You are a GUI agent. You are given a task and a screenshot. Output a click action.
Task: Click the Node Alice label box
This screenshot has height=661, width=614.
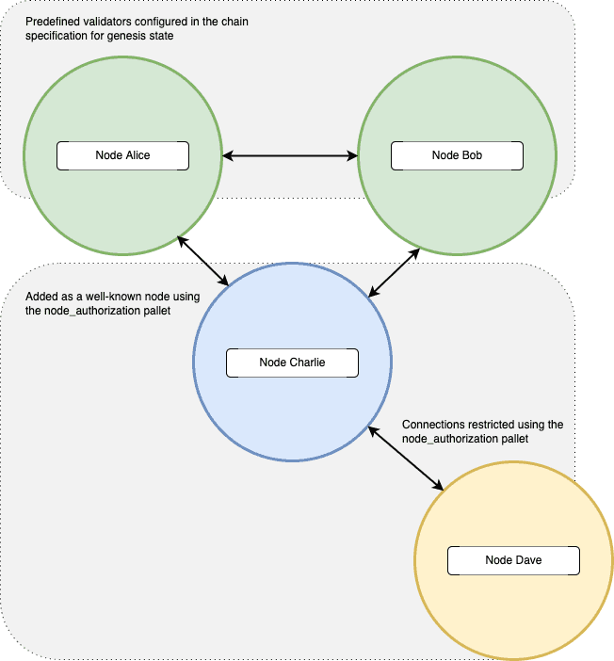(122, 155)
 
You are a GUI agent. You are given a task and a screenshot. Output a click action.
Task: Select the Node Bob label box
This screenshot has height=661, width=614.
(457, 155)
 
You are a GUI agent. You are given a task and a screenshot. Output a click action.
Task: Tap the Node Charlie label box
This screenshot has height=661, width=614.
(292, 363)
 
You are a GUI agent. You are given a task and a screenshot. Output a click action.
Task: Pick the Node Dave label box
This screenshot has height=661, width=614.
(513, 560)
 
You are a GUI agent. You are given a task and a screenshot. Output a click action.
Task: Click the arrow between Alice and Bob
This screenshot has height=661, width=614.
(290, 155)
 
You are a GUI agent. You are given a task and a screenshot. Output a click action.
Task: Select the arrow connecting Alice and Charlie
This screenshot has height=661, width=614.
(202, 261)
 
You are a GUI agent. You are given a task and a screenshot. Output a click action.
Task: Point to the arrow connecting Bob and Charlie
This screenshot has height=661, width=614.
(395, 273)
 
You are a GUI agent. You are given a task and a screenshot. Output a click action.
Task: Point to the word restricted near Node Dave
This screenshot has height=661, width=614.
(501, 425)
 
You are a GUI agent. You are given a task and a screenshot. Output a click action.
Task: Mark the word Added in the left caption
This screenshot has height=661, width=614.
(42, 297)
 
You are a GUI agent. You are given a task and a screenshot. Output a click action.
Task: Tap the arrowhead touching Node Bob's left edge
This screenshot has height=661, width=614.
(352, 155)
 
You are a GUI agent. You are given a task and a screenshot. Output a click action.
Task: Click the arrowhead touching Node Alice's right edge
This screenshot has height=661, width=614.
(228, 155)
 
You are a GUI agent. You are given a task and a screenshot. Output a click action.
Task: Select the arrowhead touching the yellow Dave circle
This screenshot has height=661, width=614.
(439, 486)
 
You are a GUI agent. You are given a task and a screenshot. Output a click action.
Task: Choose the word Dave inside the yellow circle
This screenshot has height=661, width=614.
(527, 560)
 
